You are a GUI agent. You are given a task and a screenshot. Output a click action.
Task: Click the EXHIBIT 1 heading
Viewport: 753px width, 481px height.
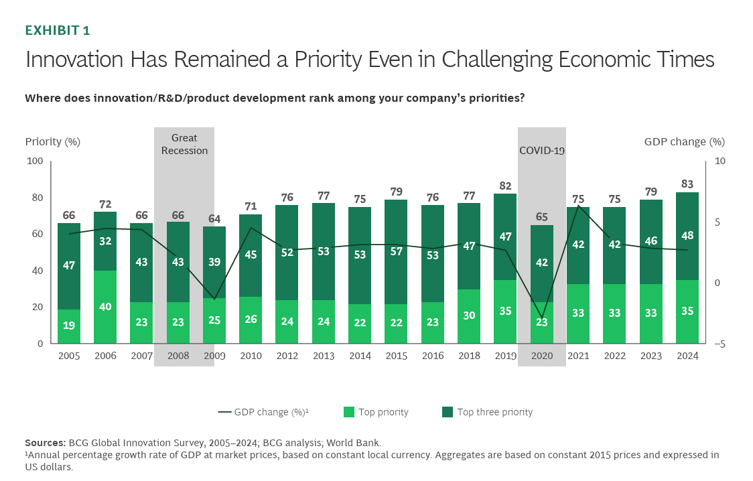(x=57, y=30)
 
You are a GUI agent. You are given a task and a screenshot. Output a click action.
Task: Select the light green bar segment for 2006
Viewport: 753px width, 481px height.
(x=105, y=307)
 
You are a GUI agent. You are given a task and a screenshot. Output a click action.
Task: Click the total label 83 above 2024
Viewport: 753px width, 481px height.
(x=687, y=184)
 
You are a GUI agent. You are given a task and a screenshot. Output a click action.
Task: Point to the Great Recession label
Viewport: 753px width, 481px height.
(x=184, y=144)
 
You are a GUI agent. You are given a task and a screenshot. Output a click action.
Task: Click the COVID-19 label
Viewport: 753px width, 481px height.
(x=542, y=150)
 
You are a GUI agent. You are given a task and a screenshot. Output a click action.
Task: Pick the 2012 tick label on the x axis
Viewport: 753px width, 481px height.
(x=287, y=356)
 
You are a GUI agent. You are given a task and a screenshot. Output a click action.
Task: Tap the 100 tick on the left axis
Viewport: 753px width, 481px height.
(x=34, y=161)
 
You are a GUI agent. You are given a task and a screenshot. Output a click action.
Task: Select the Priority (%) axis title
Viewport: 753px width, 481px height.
(x=52, y=141)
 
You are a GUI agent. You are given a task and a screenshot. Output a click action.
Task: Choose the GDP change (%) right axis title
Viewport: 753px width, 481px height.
(x=684, y=141)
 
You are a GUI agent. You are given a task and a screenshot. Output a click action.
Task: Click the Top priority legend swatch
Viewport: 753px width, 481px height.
(x=348, y=412)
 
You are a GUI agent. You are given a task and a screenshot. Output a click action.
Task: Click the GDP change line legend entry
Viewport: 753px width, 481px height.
(x=263, y=412)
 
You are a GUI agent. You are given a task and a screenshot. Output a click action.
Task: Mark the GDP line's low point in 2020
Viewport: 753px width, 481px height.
(x=542, y=318)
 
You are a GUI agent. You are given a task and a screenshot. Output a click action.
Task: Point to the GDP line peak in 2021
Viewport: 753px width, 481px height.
(x=578, y=206)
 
